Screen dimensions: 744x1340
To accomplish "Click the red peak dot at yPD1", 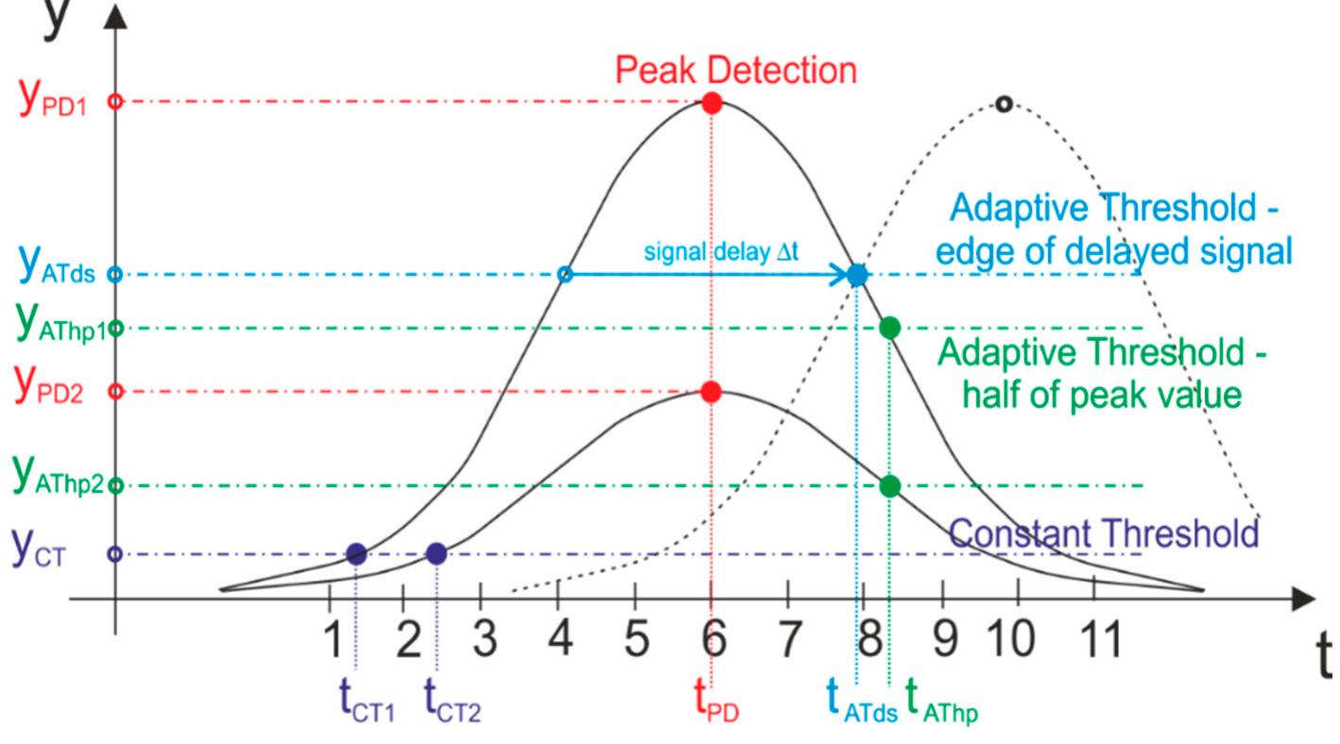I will click(x=713, y=103).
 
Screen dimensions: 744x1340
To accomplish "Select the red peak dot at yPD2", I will click(x=713, y=392).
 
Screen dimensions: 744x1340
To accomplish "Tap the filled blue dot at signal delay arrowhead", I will click(x=857, y=275).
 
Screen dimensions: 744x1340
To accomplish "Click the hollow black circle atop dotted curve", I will click(x=1004, y=104).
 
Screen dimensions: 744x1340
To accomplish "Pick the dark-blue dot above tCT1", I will click(x=356, y=554).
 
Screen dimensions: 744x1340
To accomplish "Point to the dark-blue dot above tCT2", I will click(x=436, y=554).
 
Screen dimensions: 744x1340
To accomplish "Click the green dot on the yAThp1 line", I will click(x=889, y=328).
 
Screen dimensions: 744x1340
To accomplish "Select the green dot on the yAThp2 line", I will click(x=889, y=486).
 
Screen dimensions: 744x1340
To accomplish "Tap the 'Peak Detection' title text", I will click(x=736, y=69).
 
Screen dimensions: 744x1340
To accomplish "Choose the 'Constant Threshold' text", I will click(x=1104, y=533).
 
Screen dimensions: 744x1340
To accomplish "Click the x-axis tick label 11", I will click(x=1094, y=640).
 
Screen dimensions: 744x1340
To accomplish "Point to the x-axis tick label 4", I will click(x=559, y=640).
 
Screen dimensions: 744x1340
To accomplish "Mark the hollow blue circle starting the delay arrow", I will click(x=565, y=275).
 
